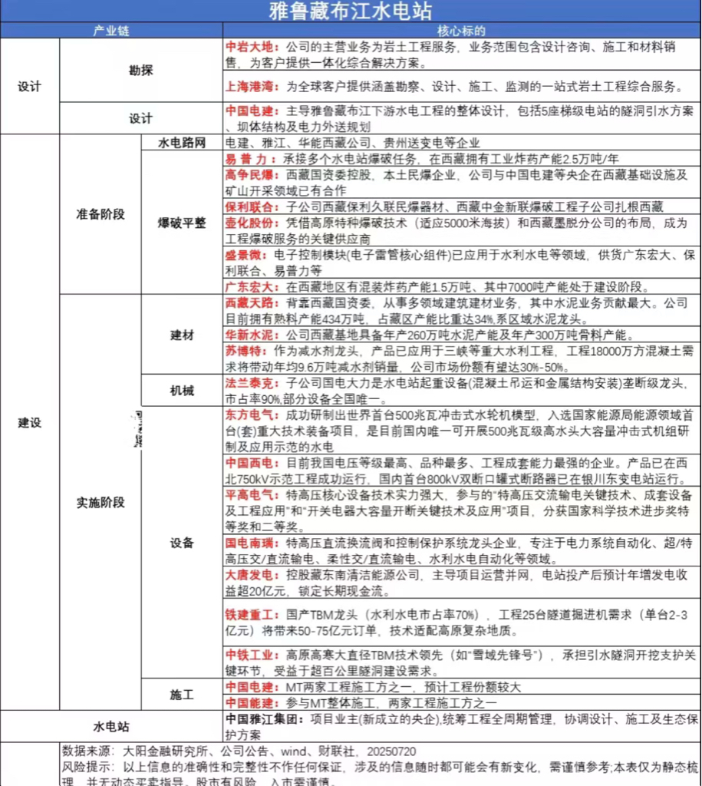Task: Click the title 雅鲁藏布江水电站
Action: pyautogui.click(x=351, y=11)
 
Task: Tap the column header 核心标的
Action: pyautogui.click(x=461, y=31)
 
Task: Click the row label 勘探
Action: pyautogui.click(x=141, y=70)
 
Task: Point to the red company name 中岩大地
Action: pyautogui.click(x=249, y=47)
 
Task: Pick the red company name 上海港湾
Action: pyautogui.click(x=251, y=86)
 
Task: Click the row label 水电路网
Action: pyautogui.click(x=182, y=143)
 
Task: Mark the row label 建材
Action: pyautogui.click(x=182, y=335)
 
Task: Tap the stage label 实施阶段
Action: pyautogui.click(x=101, y=503)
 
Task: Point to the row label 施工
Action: pyautogui.click(x=182, y=695)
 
